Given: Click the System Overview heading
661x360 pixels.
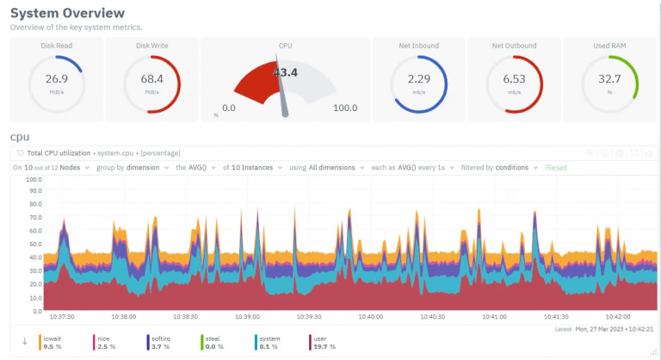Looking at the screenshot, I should click(x=67, y=13).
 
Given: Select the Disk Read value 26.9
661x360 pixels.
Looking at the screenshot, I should click(x=57, y=79).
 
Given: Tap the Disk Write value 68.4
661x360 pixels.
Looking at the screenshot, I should click(x=151, y=79).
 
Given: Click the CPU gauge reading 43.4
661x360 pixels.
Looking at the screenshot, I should click(x=285, y=72).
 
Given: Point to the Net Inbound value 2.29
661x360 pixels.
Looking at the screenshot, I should click(x=419, y=79).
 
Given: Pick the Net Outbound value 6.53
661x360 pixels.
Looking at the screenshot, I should click(x=514, y=79).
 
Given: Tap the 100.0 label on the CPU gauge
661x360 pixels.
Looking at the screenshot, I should click(x=345, y=108).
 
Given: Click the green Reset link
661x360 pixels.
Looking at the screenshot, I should click(x=556, y=167).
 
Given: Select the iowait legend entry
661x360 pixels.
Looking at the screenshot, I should click(x=53, y=339).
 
